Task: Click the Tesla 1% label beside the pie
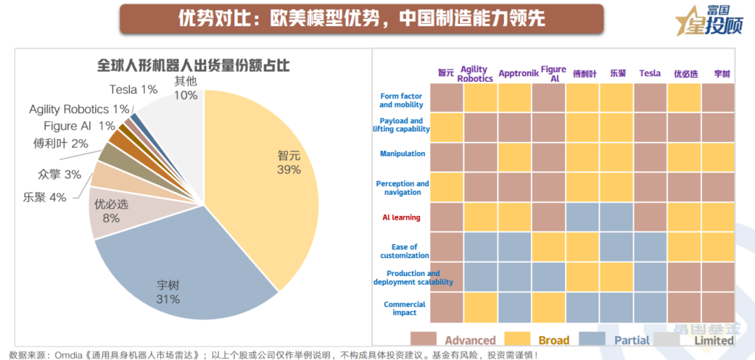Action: coord(134,89)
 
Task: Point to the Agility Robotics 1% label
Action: coord(79,109)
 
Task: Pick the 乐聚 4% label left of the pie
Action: coord(43,197)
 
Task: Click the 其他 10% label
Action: coord(185,88)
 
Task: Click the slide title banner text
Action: coord(361,19)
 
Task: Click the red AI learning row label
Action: coord(401,217)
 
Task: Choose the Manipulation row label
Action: coord(403,154)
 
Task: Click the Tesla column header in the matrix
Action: coord(649,73)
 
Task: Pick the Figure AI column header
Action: coord(554,74)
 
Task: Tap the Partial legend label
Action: coord(632,340)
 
